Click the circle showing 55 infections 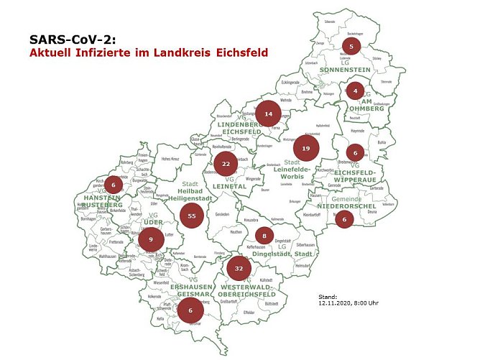191,215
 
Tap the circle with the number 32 238,268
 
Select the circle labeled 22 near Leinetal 226,164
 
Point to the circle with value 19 306,148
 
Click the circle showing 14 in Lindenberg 269,114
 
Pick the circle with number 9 150,239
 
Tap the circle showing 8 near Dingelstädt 264,236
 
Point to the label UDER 153,222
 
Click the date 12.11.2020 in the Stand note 338,303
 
